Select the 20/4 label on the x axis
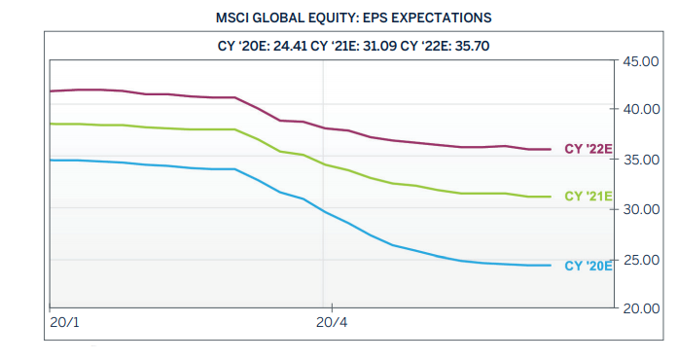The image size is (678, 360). pos(332,322)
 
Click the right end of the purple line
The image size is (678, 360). pos(552,149)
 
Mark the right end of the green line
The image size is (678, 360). pos(552,197)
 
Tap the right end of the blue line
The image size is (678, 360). pos(552,266)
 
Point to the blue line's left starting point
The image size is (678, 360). pos(50,160)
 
